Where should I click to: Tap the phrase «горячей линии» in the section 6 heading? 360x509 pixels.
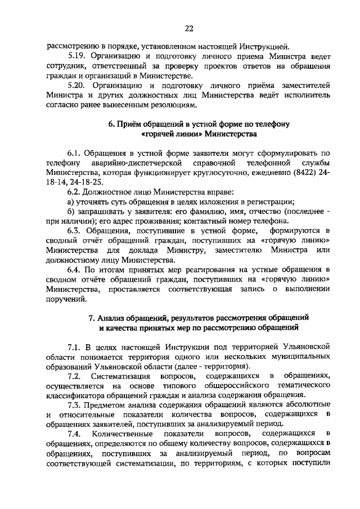tap(167, 134)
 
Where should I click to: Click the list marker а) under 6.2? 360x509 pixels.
tap(71, 202)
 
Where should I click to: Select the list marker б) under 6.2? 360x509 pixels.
tap(71, 211)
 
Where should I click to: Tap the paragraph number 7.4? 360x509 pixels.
tap(75, 434)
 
